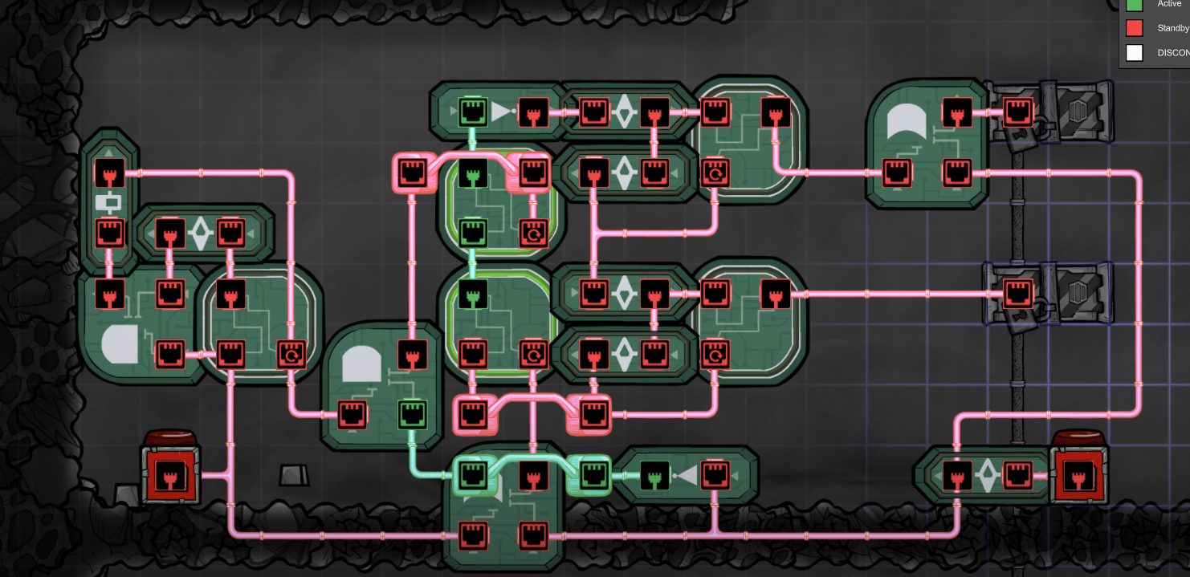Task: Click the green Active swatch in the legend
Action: [1134, 4]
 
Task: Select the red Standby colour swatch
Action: [1134, 28]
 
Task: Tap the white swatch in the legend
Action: [1134, 53]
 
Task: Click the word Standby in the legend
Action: [1172, 28]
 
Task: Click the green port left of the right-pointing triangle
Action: [473, 112]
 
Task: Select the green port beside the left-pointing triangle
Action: [655, 476]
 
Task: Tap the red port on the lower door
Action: [1018, 294]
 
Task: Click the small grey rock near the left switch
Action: [294, 474]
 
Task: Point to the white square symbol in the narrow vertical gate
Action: [108, 201]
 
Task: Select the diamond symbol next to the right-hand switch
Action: [987, 475]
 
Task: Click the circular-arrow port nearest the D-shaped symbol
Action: [290, 353]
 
